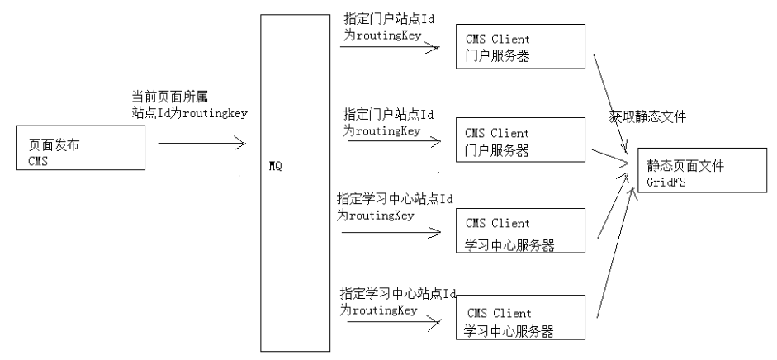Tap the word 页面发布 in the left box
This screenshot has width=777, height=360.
(x=54, y=145)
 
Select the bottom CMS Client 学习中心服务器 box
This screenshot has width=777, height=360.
(x=520, y=318)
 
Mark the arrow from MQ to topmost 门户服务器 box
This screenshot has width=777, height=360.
(x=390, y=47)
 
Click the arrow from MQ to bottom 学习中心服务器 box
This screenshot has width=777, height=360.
(x=390, y=324)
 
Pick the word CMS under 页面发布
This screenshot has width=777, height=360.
(x=38, y=160)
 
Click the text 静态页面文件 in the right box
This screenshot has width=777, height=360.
(x=685, y=166)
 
